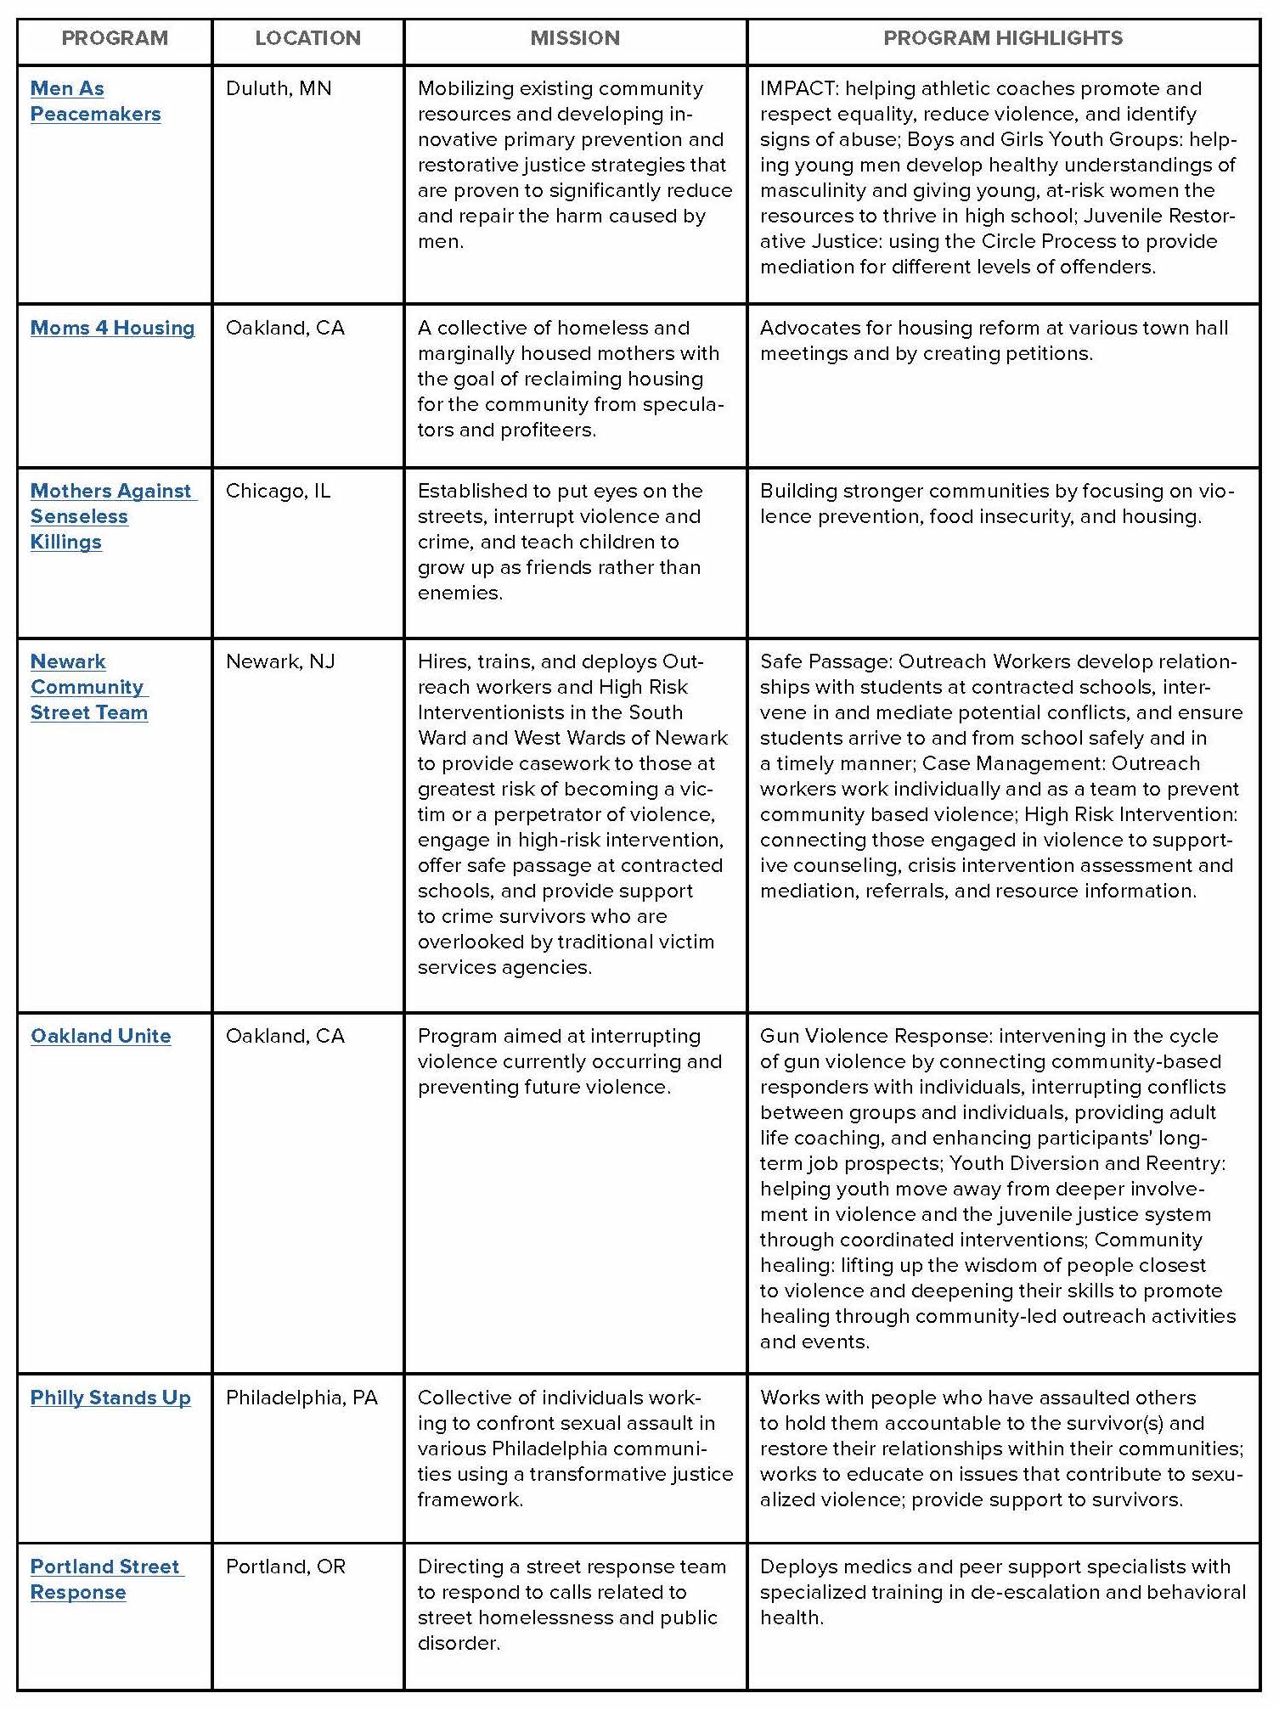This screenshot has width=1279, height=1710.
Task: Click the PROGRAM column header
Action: (x=115, y=38)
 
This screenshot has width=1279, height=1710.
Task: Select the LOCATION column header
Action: (x=307, y=38)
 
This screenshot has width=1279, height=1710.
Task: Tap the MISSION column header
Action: (x=575, y=38)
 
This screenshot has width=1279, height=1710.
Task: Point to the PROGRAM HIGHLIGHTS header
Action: (x=1003, y=38)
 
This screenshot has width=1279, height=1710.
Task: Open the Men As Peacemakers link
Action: (x=95, y=101)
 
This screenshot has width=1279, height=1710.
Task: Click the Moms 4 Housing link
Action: (x=112, y=328)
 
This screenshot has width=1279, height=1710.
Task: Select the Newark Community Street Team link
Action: (x=88, y=687)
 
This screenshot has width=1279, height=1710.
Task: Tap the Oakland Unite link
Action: (x=100, y=1036)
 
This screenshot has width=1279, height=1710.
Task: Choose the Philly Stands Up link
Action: (x=110, y=1398)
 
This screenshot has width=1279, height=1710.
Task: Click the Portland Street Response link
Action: (x=105, y=1579)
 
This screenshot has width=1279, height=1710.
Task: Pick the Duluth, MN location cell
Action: (x=279, y=88)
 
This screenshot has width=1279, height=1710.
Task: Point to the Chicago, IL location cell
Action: (x=278, y=491)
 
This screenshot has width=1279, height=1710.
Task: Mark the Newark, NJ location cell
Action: (x=280, y=661)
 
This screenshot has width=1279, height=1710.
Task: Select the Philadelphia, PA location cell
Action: (x=301, y=1398)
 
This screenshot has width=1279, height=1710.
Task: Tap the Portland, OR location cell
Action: (x=285, y=1567)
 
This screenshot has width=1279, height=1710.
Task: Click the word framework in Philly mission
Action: (x=470, y=1499)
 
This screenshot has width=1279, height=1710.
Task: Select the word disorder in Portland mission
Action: (x=459, y=1643)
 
